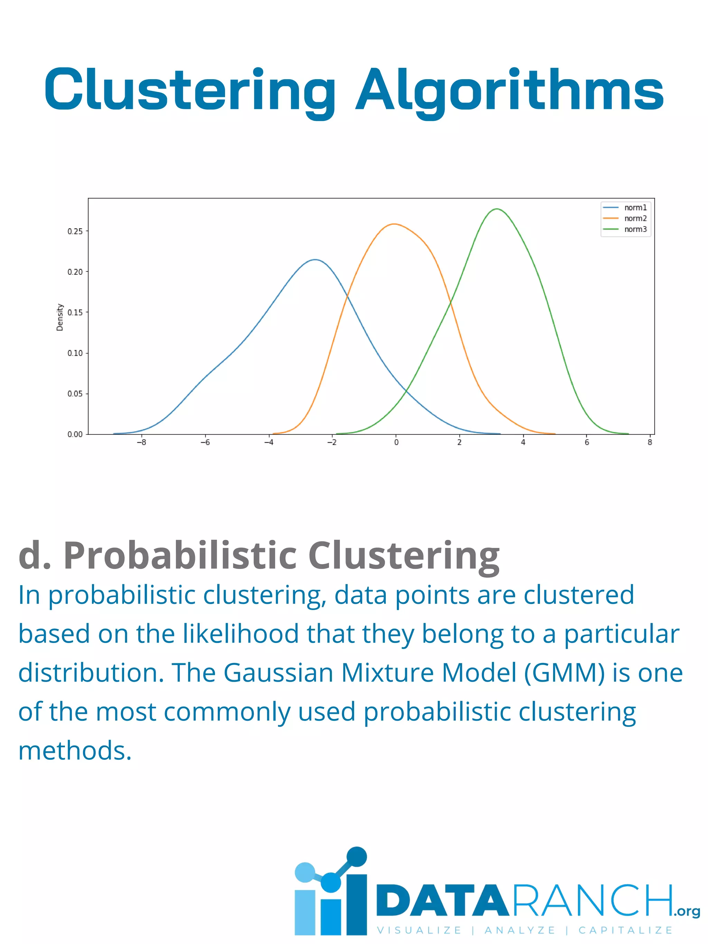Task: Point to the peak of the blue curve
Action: pos(315,260)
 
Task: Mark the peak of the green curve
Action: pos(497,209)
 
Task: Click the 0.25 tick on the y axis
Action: pos(75,231)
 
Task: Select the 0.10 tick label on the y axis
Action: pos(75,353)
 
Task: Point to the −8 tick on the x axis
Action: pos(141,442)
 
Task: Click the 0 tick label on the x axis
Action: pos(396,442)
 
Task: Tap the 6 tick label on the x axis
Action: pos(587,442)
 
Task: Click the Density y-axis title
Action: pos(60,317)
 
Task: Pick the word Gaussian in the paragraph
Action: pos(278,673)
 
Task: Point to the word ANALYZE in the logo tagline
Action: pos(520,930)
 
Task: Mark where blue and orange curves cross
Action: pos(347,295)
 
